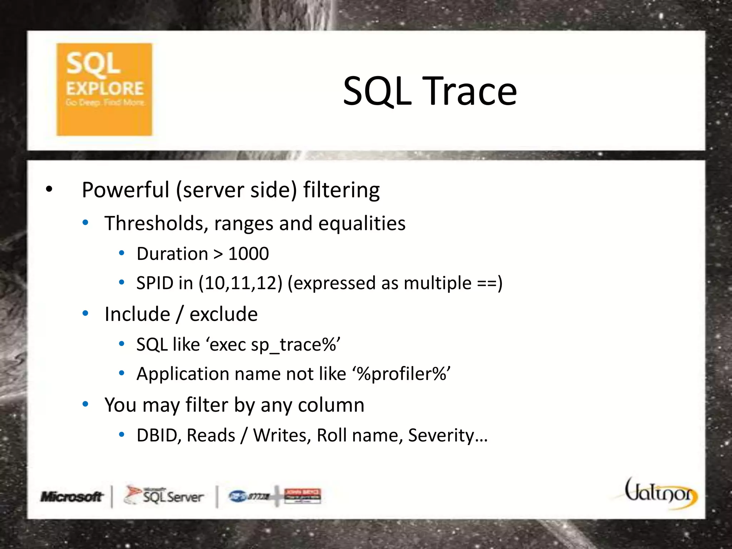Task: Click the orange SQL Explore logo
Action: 104,89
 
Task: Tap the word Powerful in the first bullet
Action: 125,190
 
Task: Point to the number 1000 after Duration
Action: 248,254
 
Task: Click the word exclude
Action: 223,314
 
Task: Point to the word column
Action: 331,405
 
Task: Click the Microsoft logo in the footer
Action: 71,496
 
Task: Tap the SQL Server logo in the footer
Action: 164,496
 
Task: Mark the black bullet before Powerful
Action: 49,190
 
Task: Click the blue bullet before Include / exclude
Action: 85,314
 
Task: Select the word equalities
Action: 362,223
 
